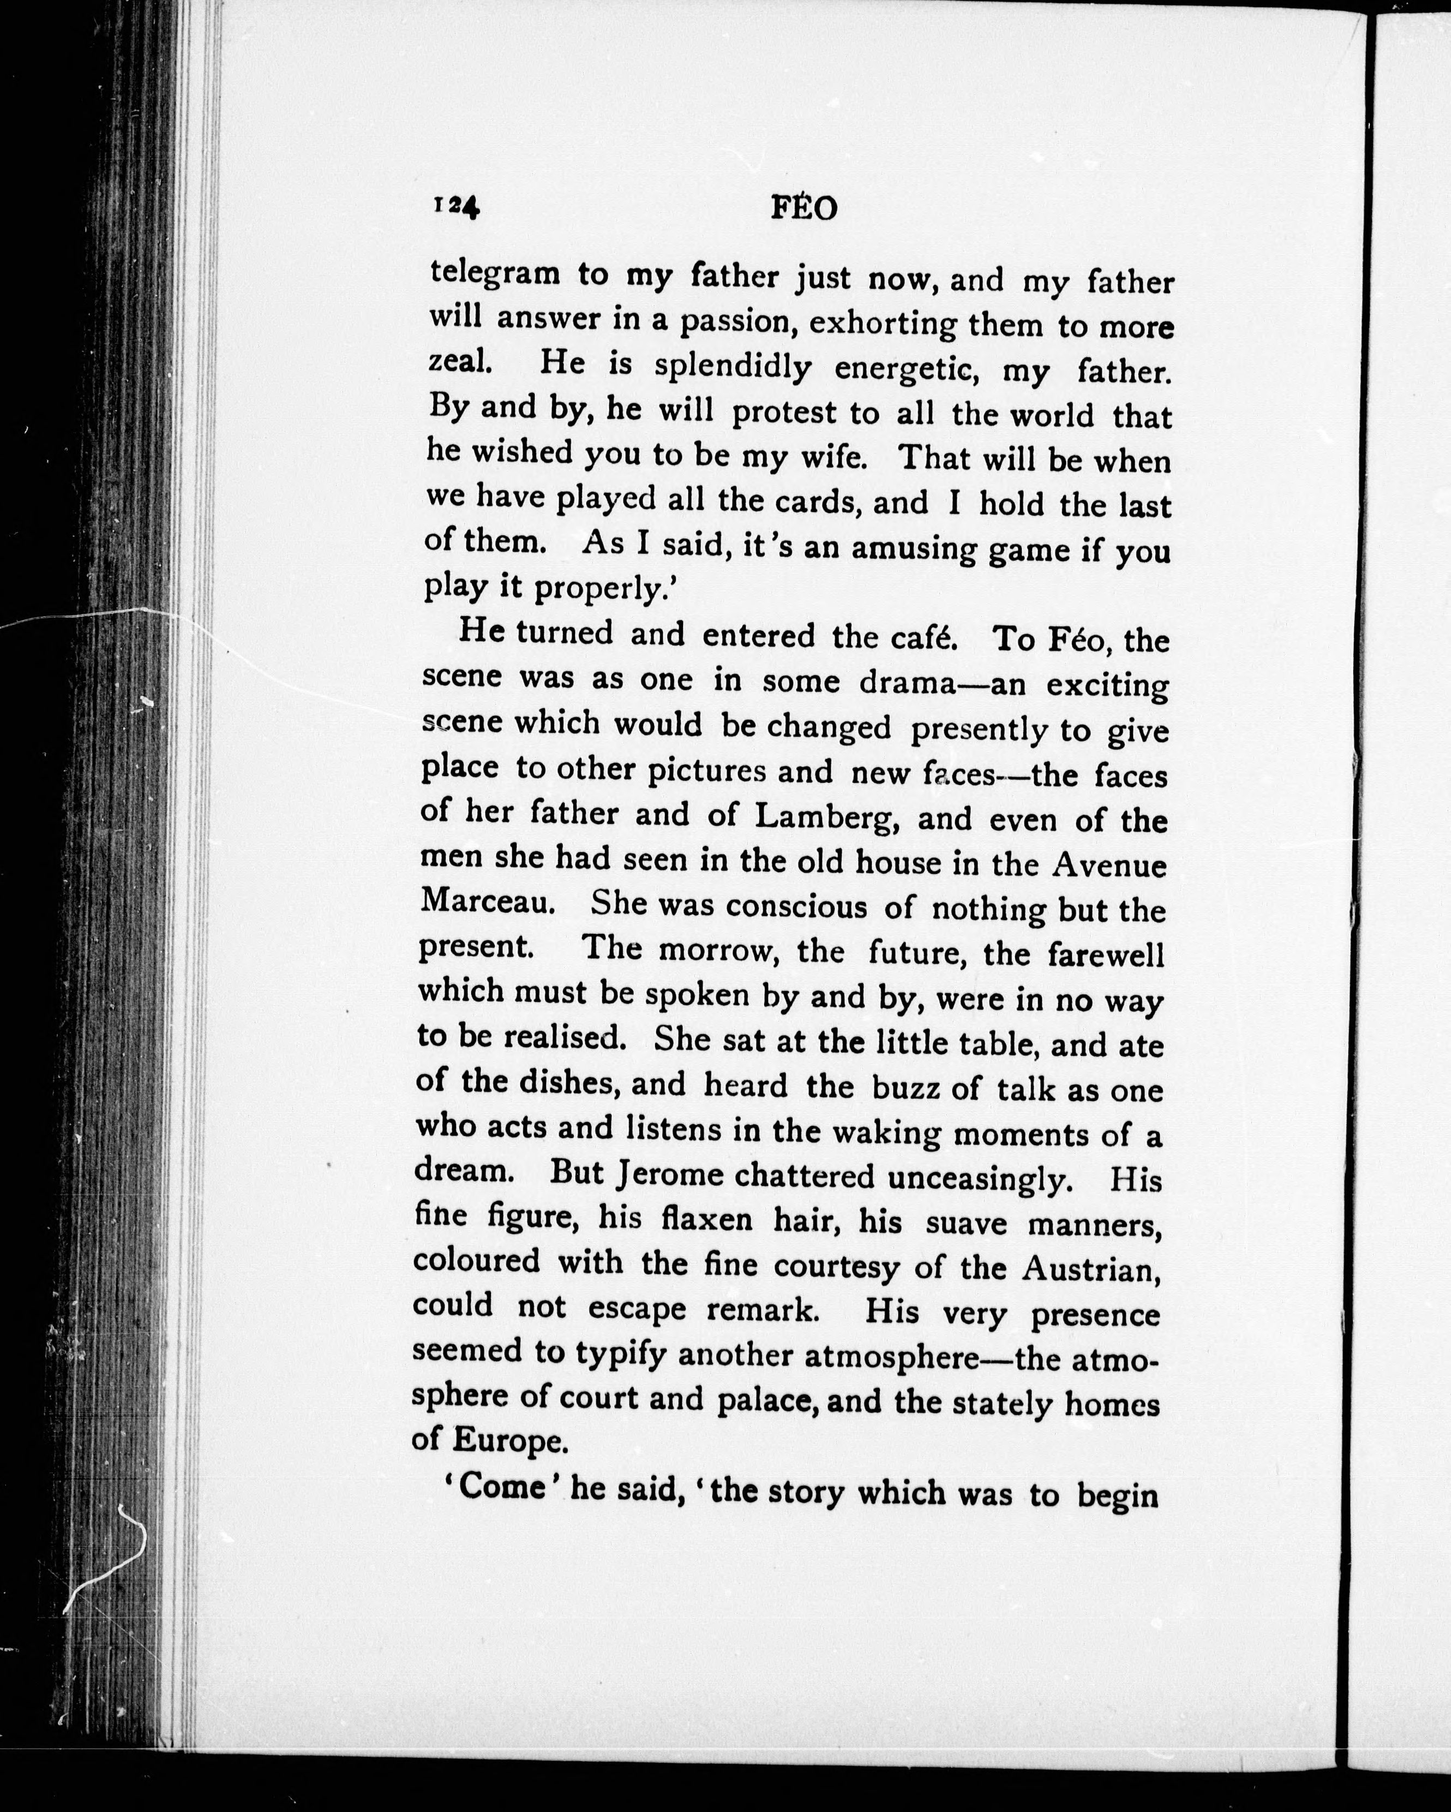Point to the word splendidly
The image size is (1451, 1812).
tap(733, 366)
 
